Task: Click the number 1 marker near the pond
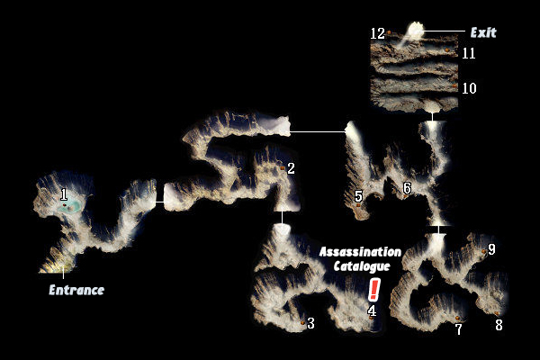pos(64,193)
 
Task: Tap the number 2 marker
pos(291,167)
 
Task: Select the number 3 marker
pos(310,323)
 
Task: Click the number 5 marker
pos(358,195)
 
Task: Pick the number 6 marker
pos(407,188)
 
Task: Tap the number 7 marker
pos(458,329)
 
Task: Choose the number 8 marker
pos(499,325)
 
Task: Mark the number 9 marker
pos(491,250)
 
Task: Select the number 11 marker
pos(468,53)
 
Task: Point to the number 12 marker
pos(378,33)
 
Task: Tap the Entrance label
pos(76,290)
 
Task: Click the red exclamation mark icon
pos(374,288)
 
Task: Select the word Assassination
pos(360,252)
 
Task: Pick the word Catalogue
pos(361,266)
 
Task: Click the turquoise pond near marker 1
pos(68,206)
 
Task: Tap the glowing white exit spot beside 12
pos(416,30)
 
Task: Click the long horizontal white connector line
pos(318,131)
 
